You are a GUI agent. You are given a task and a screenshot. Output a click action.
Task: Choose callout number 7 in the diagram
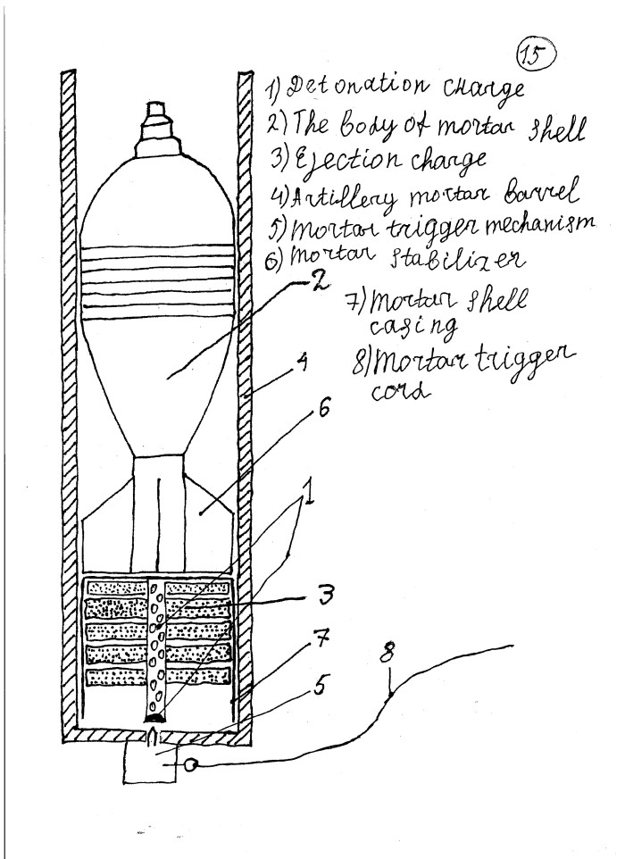(322, 638)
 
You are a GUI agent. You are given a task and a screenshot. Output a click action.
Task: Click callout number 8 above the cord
(387, 653)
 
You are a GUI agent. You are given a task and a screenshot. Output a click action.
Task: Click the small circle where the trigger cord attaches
(190, 764)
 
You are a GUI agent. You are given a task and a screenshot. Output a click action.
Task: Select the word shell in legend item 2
(555, 129)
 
